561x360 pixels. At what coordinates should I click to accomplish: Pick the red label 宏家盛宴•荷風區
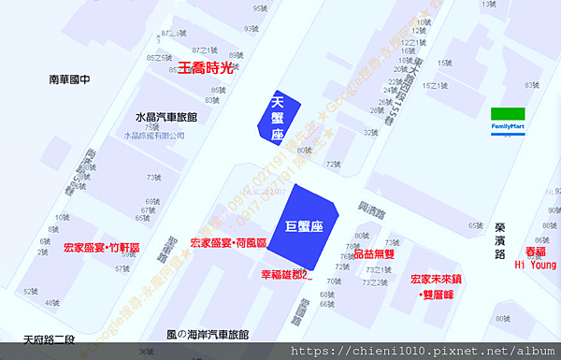tap(228, 242)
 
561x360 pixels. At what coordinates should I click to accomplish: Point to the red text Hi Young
tap(536, 265)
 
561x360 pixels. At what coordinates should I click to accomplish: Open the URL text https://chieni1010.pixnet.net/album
tap(425, 351)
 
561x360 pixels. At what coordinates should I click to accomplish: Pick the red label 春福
tap(535, 252)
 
